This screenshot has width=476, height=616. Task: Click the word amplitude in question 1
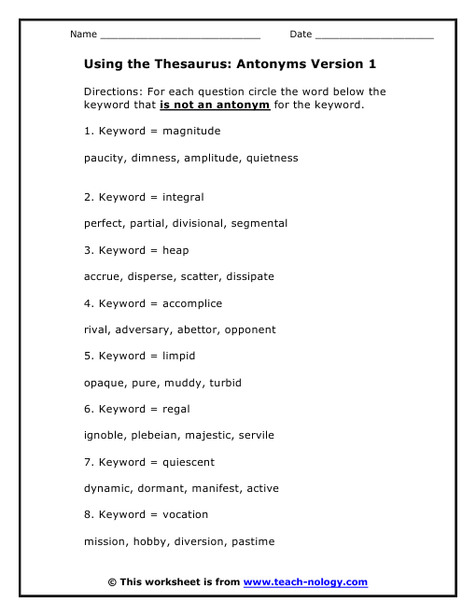(x=211, y=158)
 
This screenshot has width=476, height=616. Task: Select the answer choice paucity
(x=104, y=158)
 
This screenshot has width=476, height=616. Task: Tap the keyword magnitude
(x=191, y=131)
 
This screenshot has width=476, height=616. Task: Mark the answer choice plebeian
(x=156, y=435)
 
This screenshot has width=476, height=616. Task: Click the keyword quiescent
(x=189, y=462)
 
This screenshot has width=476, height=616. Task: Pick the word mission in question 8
(x=104, y=541)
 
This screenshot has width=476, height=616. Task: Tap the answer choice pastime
(x=252, y=541)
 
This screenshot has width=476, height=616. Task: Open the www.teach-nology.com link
(x=305, y=582)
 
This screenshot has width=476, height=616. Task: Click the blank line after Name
(x=179, y=36)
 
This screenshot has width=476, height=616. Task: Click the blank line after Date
(x=374, y=36)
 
